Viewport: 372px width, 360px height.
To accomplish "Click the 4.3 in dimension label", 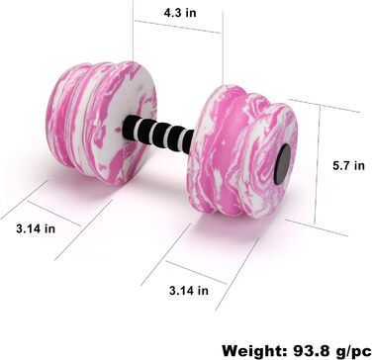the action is (x=180, y=13).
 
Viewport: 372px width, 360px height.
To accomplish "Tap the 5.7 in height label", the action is (x=348, y=165).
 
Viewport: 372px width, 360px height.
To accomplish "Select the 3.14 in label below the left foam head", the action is (x=36, y=228).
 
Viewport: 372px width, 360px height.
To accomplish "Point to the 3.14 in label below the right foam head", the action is (x=189, y=291).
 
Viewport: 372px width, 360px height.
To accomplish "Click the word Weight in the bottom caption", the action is (x=253, y=351).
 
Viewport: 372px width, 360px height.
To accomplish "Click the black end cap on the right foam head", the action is (x=282, y=164).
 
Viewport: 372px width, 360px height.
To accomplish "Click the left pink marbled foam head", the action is (x=101, y=123).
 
